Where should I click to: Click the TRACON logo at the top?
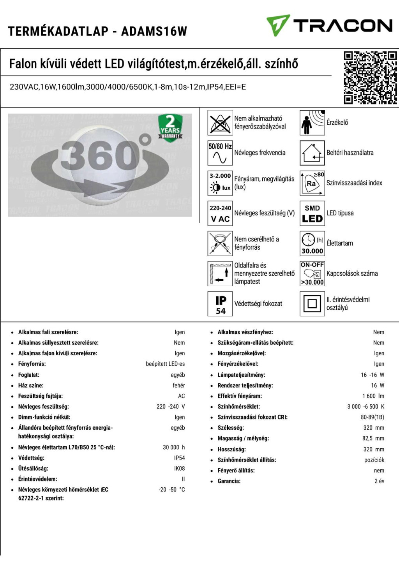click(x=329, y=26)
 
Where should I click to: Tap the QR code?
click(x=370, y=78)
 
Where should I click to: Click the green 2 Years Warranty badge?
click(x=170, y=127)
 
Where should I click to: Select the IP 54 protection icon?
click(x=220, y=304)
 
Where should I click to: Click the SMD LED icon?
click(x=312, y=213)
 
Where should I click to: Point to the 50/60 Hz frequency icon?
click(x=220, y=153)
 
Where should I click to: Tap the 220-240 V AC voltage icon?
click(x=220, y=213)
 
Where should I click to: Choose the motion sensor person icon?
click(x=312, y=123)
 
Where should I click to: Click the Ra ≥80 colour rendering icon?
click(x=312, y=183)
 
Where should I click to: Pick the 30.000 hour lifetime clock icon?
click(x=312, y=243)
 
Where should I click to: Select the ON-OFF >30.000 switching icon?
click(x=312, y=273)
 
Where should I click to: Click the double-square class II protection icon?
click(x=312, y=304)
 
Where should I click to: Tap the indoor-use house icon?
click(x=312, y=153)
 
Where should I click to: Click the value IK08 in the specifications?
click(x=179, y=469)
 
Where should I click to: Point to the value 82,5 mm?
click(x=373, y=438)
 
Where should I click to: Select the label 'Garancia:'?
click(x=229, y=481)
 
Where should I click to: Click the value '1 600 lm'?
click(x=373, y=396)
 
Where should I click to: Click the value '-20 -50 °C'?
click(x=171, y=490)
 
